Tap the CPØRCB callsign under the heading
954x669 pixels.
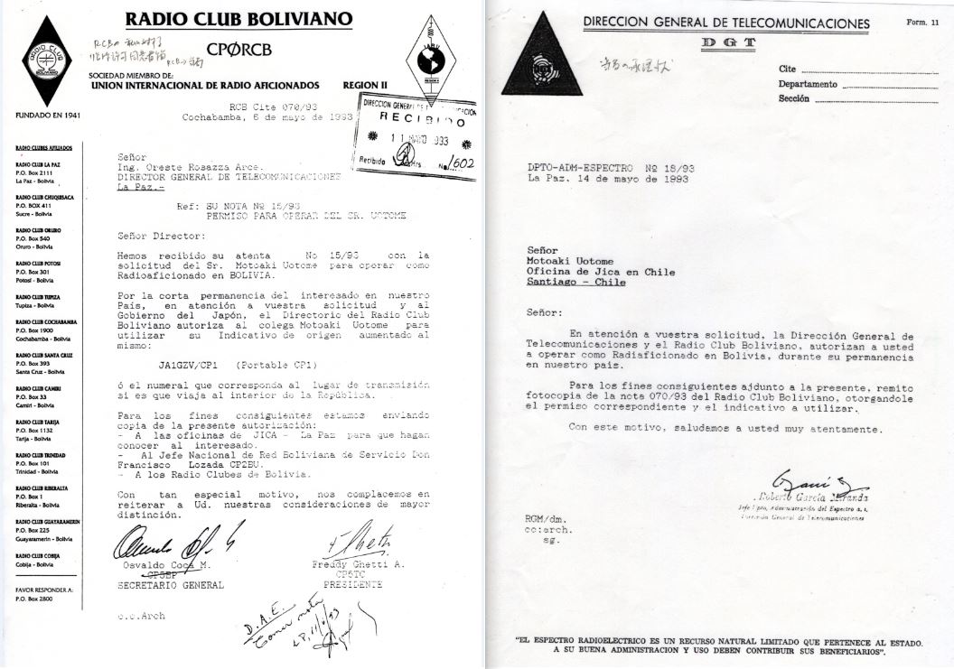tap(238, 51)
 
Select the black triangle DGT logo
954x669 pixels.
tap(543, 66)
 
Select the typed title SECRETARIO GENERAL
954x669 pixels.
tap(170, 585)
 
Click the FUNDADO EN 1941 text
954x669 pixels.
tap(46, 116)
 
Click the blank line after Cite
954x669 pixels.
tap(863, 70)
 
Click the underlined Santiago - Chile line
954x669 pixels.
tap(575, 281)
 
